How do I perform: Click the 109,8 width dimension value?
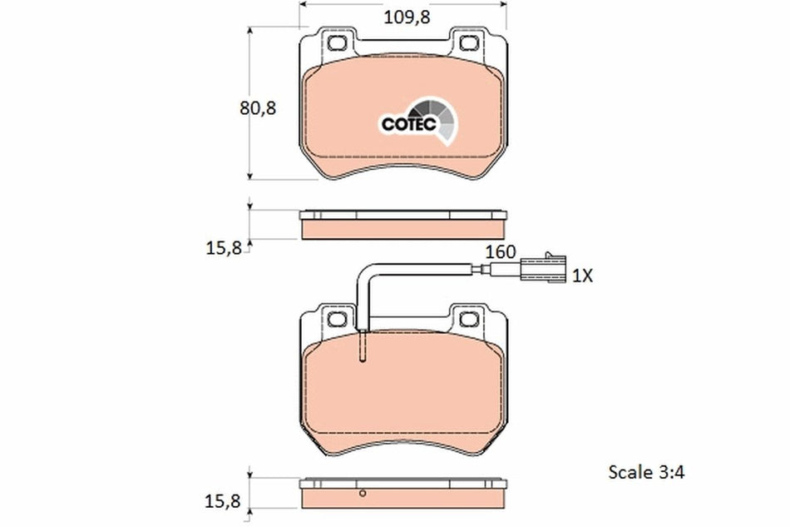407,16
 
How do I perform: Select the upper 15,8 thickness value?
223,246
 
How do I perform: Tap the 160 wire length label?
501,251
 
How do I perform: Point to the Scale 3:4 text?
645,472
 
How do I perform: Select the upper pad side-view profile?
402,224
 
